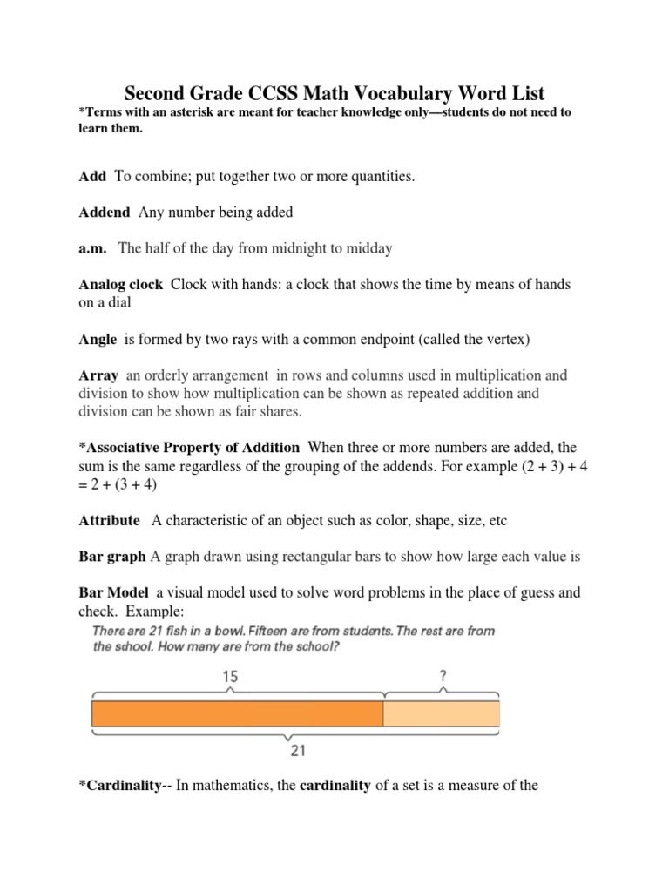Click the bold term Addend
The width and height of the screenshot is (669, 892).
coord(105,213)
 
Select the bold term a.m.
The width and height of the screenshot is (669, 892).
coord(92,248)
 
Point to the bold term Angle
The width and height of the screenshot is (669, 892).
coord(98,340)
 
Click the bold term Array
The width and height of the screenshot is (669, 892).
coord(98,375)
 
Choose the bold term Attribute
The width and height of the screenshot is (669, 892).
coord(109,520)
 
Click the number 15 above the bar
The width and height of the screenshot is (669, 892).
coord(230,676)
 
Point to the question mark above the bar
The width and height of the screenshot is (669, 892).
coord(443,675)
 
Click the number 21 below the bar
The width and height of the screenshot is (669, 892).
coord(295,750)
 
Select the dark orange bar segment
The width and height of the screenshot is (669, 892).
coord(237,713)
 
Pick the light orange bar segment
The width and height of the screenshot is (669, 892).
coord(442,713)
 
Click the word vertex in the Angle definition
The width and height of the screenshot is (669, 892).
coord(509,340)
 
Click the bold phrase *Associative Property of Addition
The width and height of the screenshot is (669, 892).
coord(189,448)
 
